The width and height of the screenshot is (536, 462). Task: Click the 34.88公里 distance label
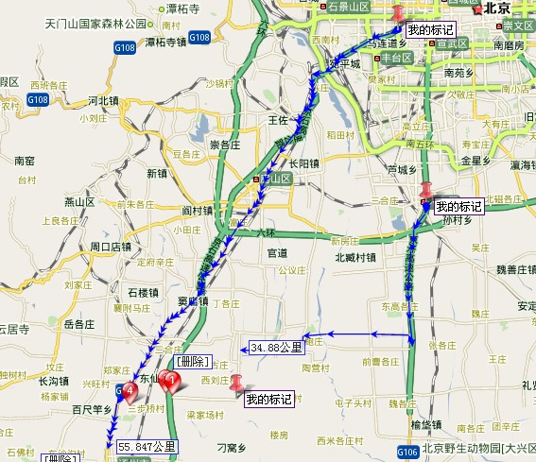(277, 347)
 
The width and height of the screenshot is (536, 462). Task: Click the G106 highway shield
(407, 454)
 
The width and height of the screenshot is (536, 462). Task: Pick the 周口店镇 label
(111, 246)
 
